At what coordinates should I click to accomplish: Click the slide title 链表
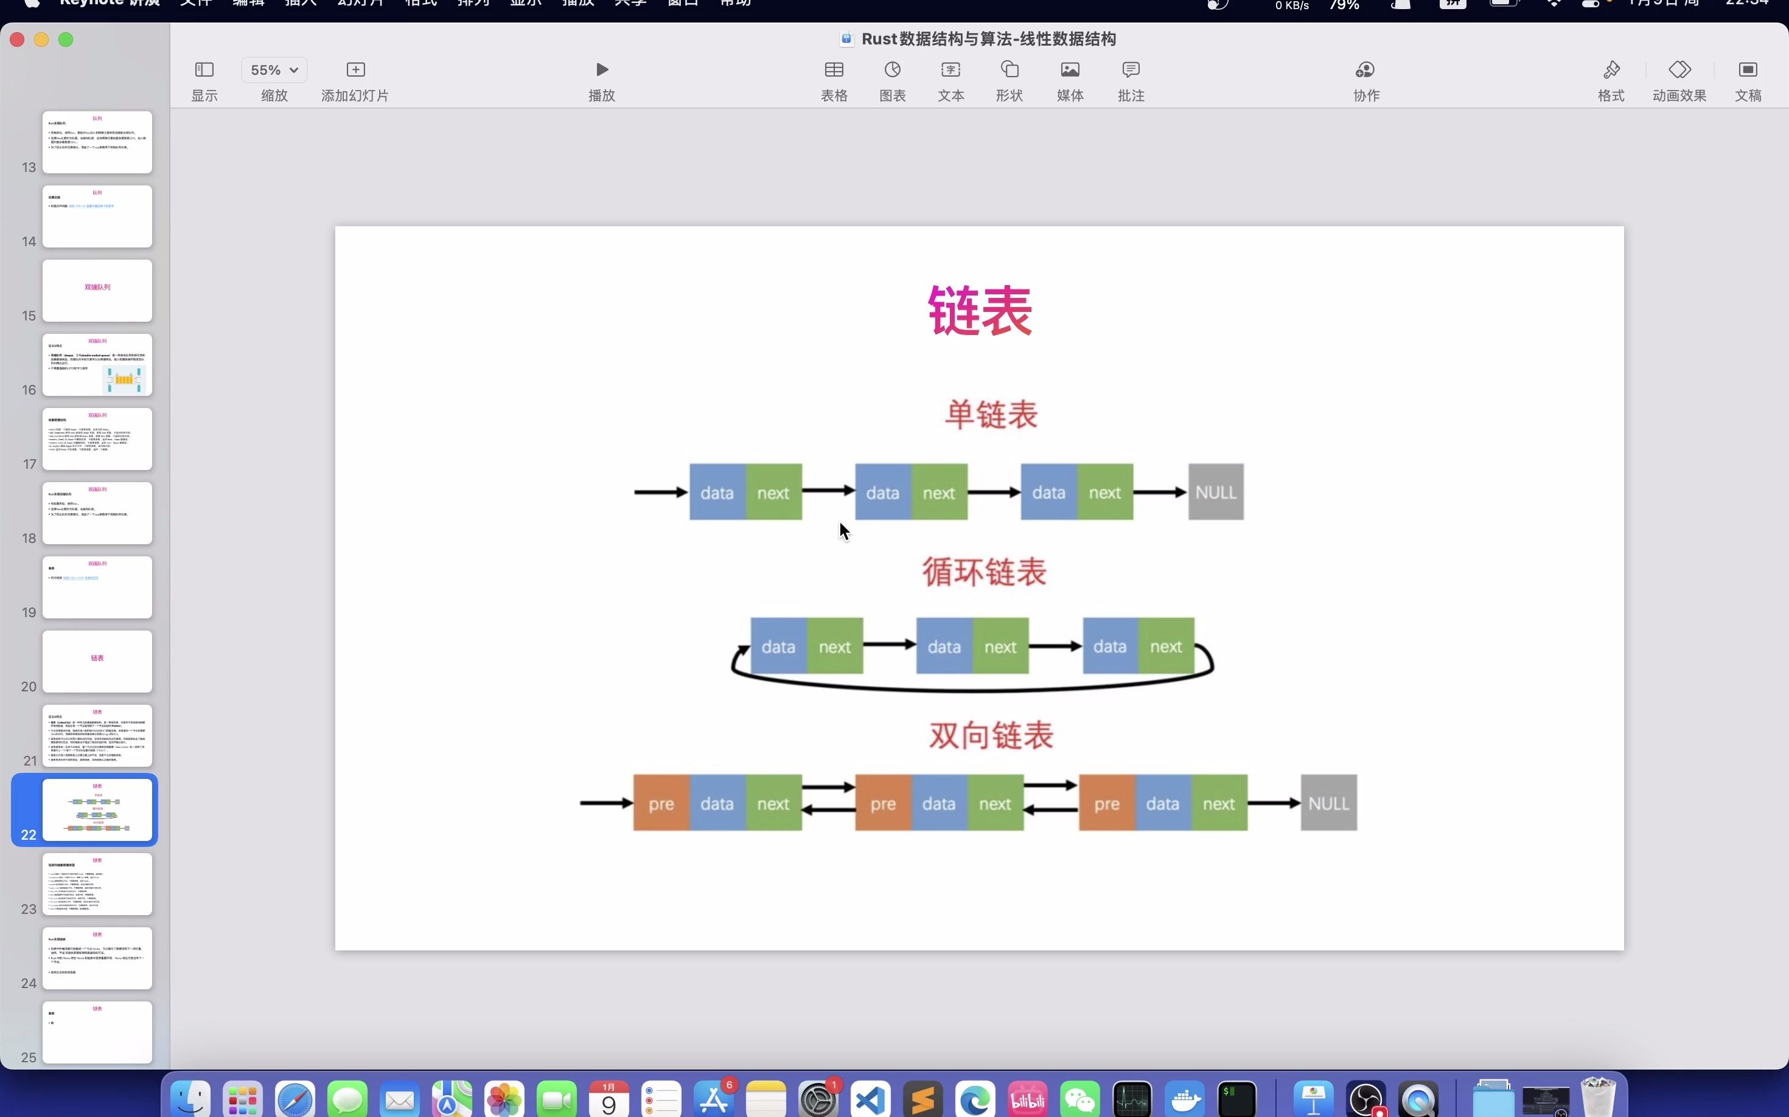point(980,311)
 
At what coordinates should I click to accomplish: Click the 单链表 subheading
point(991,415)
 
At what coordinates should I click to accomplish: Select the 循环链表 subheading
point(984,572)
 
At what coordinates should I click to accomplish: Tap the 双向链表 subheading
point(991,736)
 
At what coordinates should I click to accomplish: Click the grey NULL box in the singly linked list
point(1215,492)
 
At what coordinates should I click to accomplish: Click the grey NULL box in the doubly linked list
point(1328,803)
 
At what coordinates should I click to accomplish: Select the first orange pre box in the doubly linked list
point(661,803)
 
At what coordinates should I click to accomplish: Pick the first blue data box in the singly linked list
point(717,492)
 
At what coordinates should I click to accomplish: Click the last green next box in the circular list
point(1166,646)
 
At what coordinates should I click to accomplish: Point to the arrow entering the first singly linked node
point(660,492)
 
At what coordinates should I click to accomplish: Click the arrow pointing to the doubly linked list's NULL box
point(1274,803)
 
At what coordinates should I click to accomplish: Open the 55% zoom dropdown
point(274,70)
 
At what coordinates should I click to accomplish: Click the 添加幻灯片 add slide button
point(355,79)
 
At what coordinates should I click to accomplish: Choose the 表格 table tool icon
point(834,79)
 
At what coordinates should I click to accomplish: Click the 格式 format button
point(1611,79)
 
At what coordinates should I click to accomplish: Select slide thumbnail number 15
point(97,290)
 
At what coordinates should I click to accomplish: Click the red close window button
point(17,40)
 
